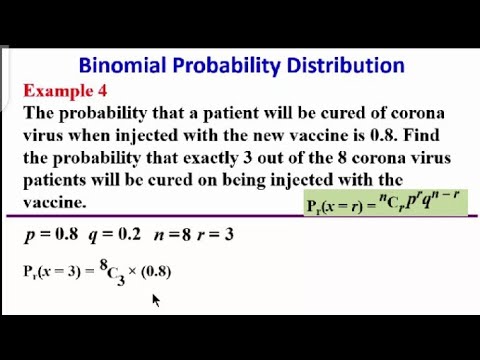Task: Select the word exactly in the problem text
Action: [219, 157]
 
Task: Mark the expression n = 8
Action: [172, 236]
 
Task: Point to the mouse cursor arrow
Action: [155, 299]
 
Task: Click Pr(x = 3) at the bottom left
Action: [53, 271]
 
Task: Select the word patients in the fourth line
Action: [64, 179]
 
